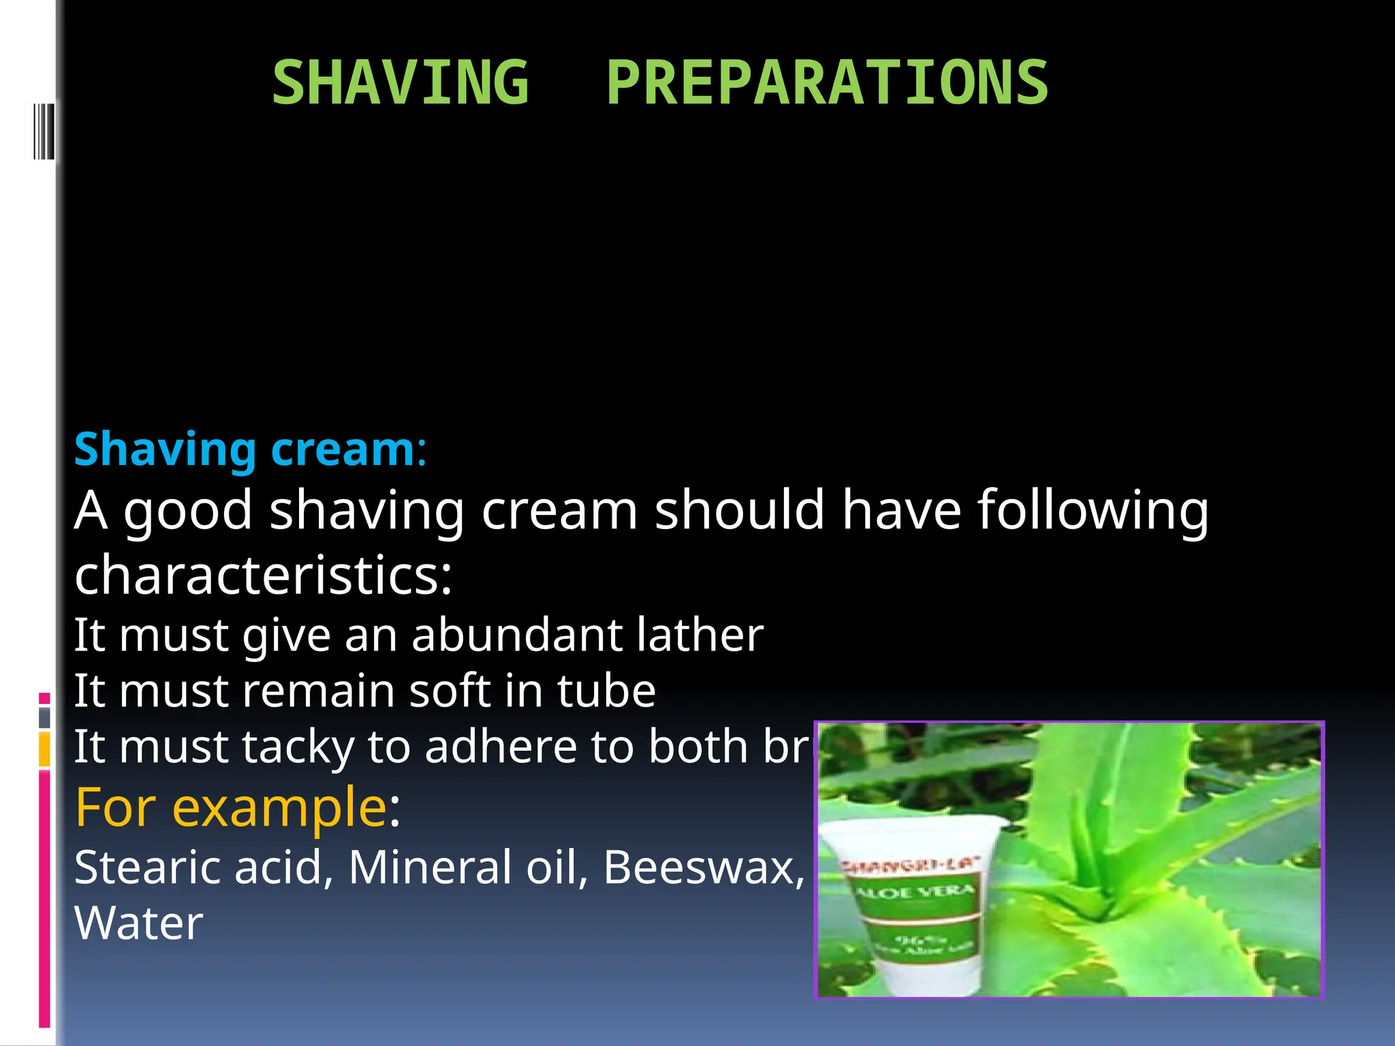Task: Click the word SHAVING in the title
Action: click(401, 83)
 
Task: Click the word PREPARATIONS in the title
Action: click(827, 83)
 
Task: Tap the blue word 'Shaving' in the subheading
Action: click(165, 451)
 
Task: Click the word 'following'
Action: click(1093, 511)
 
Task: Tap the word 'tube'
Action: click(606, 691)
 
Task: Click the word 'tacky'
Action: click(298, 748)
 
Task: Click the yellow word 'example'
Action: click(279, 808)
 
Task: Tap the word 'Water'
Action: click(138, 923)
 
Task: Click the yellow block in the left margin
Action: click(44, 749)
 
